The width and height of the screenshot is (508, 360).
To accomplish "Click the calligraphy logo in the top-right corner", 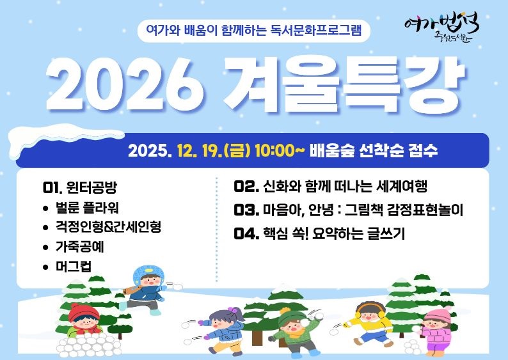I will (442, 29).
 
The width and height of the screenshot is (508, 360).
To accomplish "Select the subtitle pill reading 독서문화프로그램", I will (254, 29).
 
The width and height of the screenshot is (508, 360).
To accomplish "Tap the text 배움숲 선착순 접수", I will (374, 152).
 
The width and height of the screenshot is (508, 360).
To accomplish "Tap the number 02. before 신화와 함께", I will (246, 187).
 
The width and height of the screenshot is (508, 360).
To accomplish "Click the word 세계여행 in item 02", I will (399, 187).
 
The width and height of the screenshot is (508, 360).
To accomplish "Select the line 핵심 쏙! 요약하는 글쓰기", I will (333, 233).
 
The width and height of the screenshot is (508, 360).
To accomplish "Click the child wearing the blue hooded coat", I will (145, 288).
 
